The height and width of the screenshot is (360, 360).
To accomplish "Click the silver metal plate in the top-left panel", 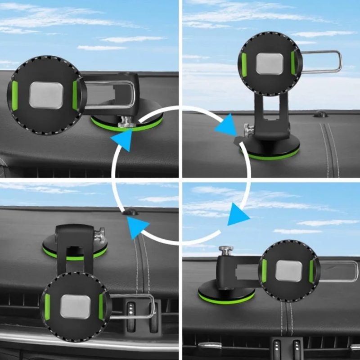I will coord(46,95).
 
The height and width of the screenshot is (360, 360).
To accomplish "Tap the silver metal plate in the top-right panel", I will coord(270,64).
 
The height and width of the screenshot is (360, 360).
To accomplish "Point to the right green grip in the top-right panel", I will coord(294,63).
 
